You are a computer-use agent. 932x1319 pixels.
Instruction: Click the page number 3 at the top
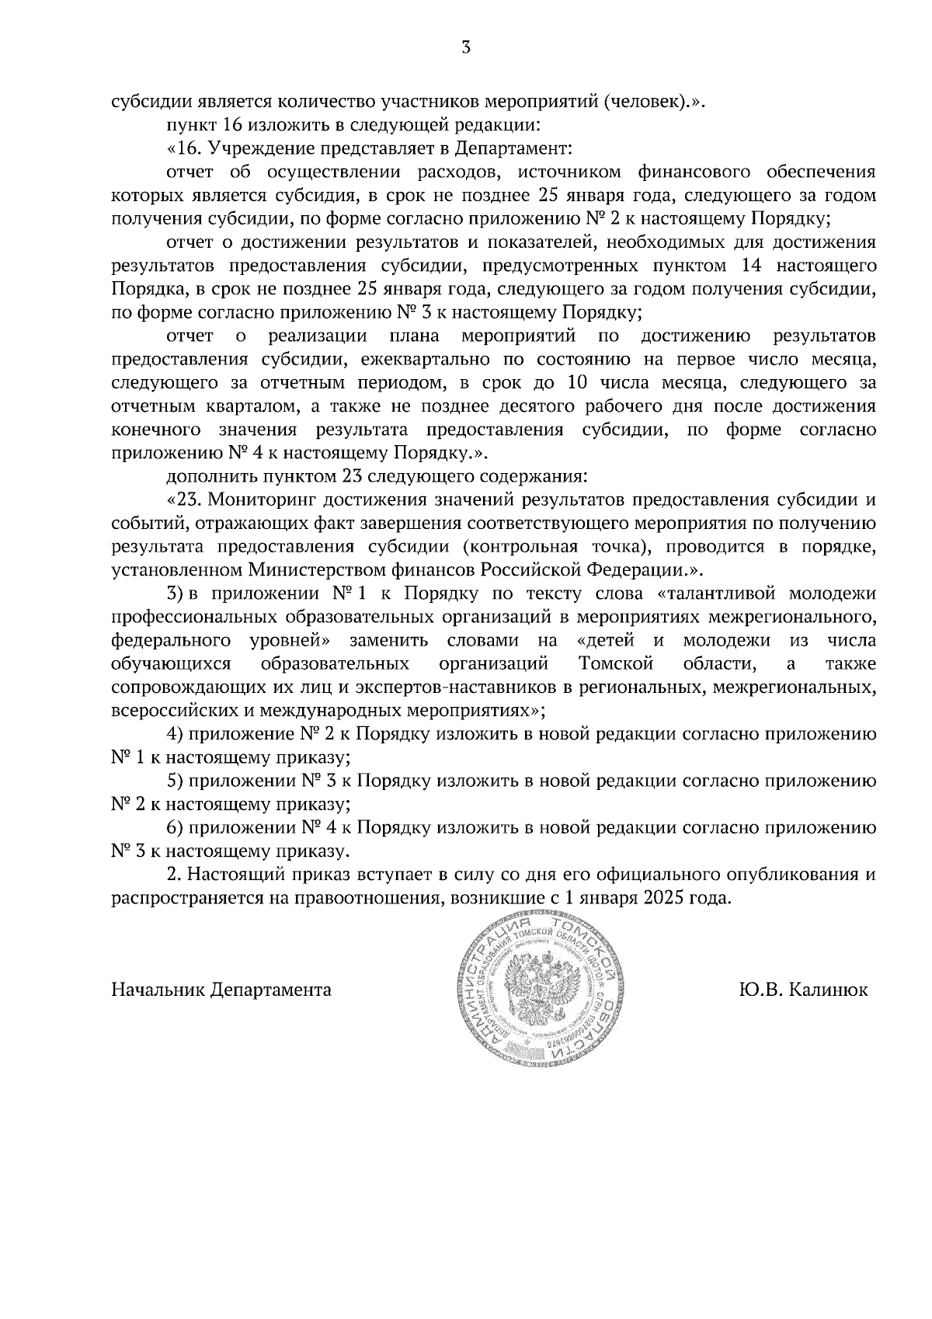[465, 48]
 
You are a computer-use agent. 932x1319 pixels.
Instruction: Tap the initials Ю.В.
[762, 990]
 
